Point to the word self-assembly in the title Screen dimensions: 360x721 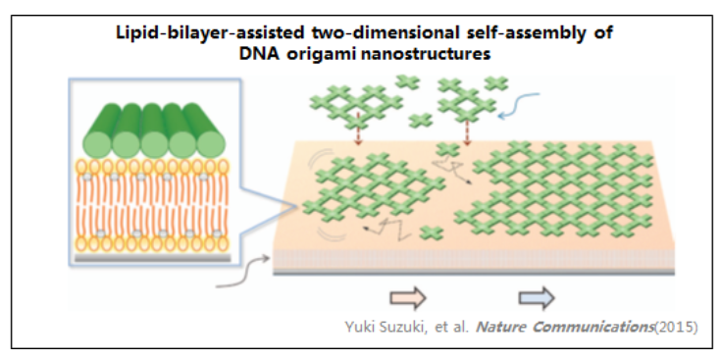(489, 32)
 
